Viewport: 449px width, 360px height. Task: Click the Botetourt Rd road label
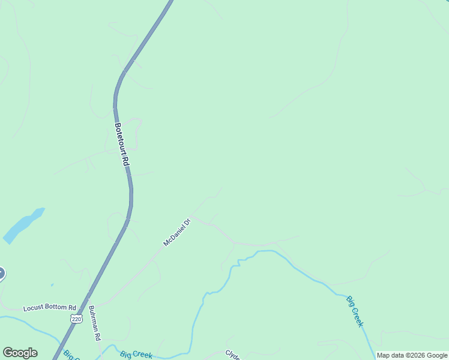click(122, 145)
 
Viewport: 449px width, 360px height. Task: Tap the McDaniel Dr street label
click(177, 233)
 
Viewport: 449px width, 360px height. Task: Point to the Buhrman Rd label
click(94, 324)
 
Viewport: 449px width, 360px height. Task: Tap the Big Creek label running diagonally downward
click(355, 311)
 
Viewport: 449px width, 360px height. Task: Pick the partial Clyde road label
click(233, 355)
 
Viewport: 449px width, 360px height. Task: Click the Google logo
click(20, 353)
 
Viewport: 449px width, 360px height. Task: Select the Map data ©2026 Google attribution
click(412, 355)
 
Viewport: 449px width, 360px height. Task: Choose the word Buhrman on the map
click(93, 319)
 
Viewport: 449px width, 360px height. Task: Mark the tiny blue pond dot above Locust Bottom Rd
click(52, 285)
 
